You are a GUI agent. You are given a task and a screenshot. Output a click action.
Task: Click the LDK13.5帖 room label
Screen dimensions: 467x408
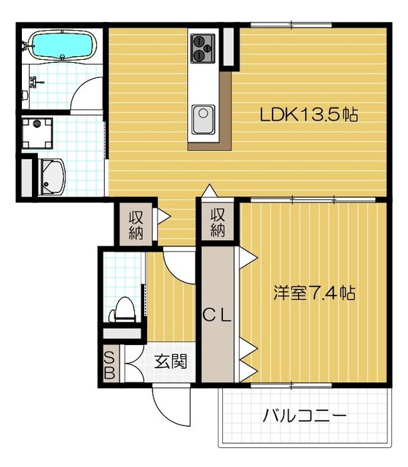tap(309, 115)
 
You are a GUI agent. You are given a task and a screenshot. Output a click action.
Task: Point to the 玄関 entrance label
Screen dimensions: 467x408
tap(171, 360)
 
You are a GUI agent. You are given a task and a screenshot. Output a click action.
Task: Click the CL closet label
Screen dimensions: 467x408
tap(216, 315)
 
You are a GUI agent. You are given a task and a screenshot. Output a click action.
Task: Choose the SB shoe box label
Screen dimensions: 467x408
tap(109, 366)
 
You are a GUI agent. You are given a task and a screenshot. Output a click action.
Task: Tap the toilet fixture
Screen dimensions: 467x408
tap(124, 310)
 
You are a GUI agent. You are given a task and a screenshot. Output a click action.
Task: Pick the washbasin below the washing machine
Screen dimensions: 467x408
tap(52, 175)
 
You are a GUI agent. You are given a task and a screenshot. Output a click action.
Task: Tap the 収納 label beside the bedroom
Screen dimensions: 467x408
tap(217, 222)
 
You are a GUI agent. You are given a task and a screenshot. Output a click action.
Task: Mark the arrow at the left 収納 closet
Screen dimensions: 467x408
tap(164, 216)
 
